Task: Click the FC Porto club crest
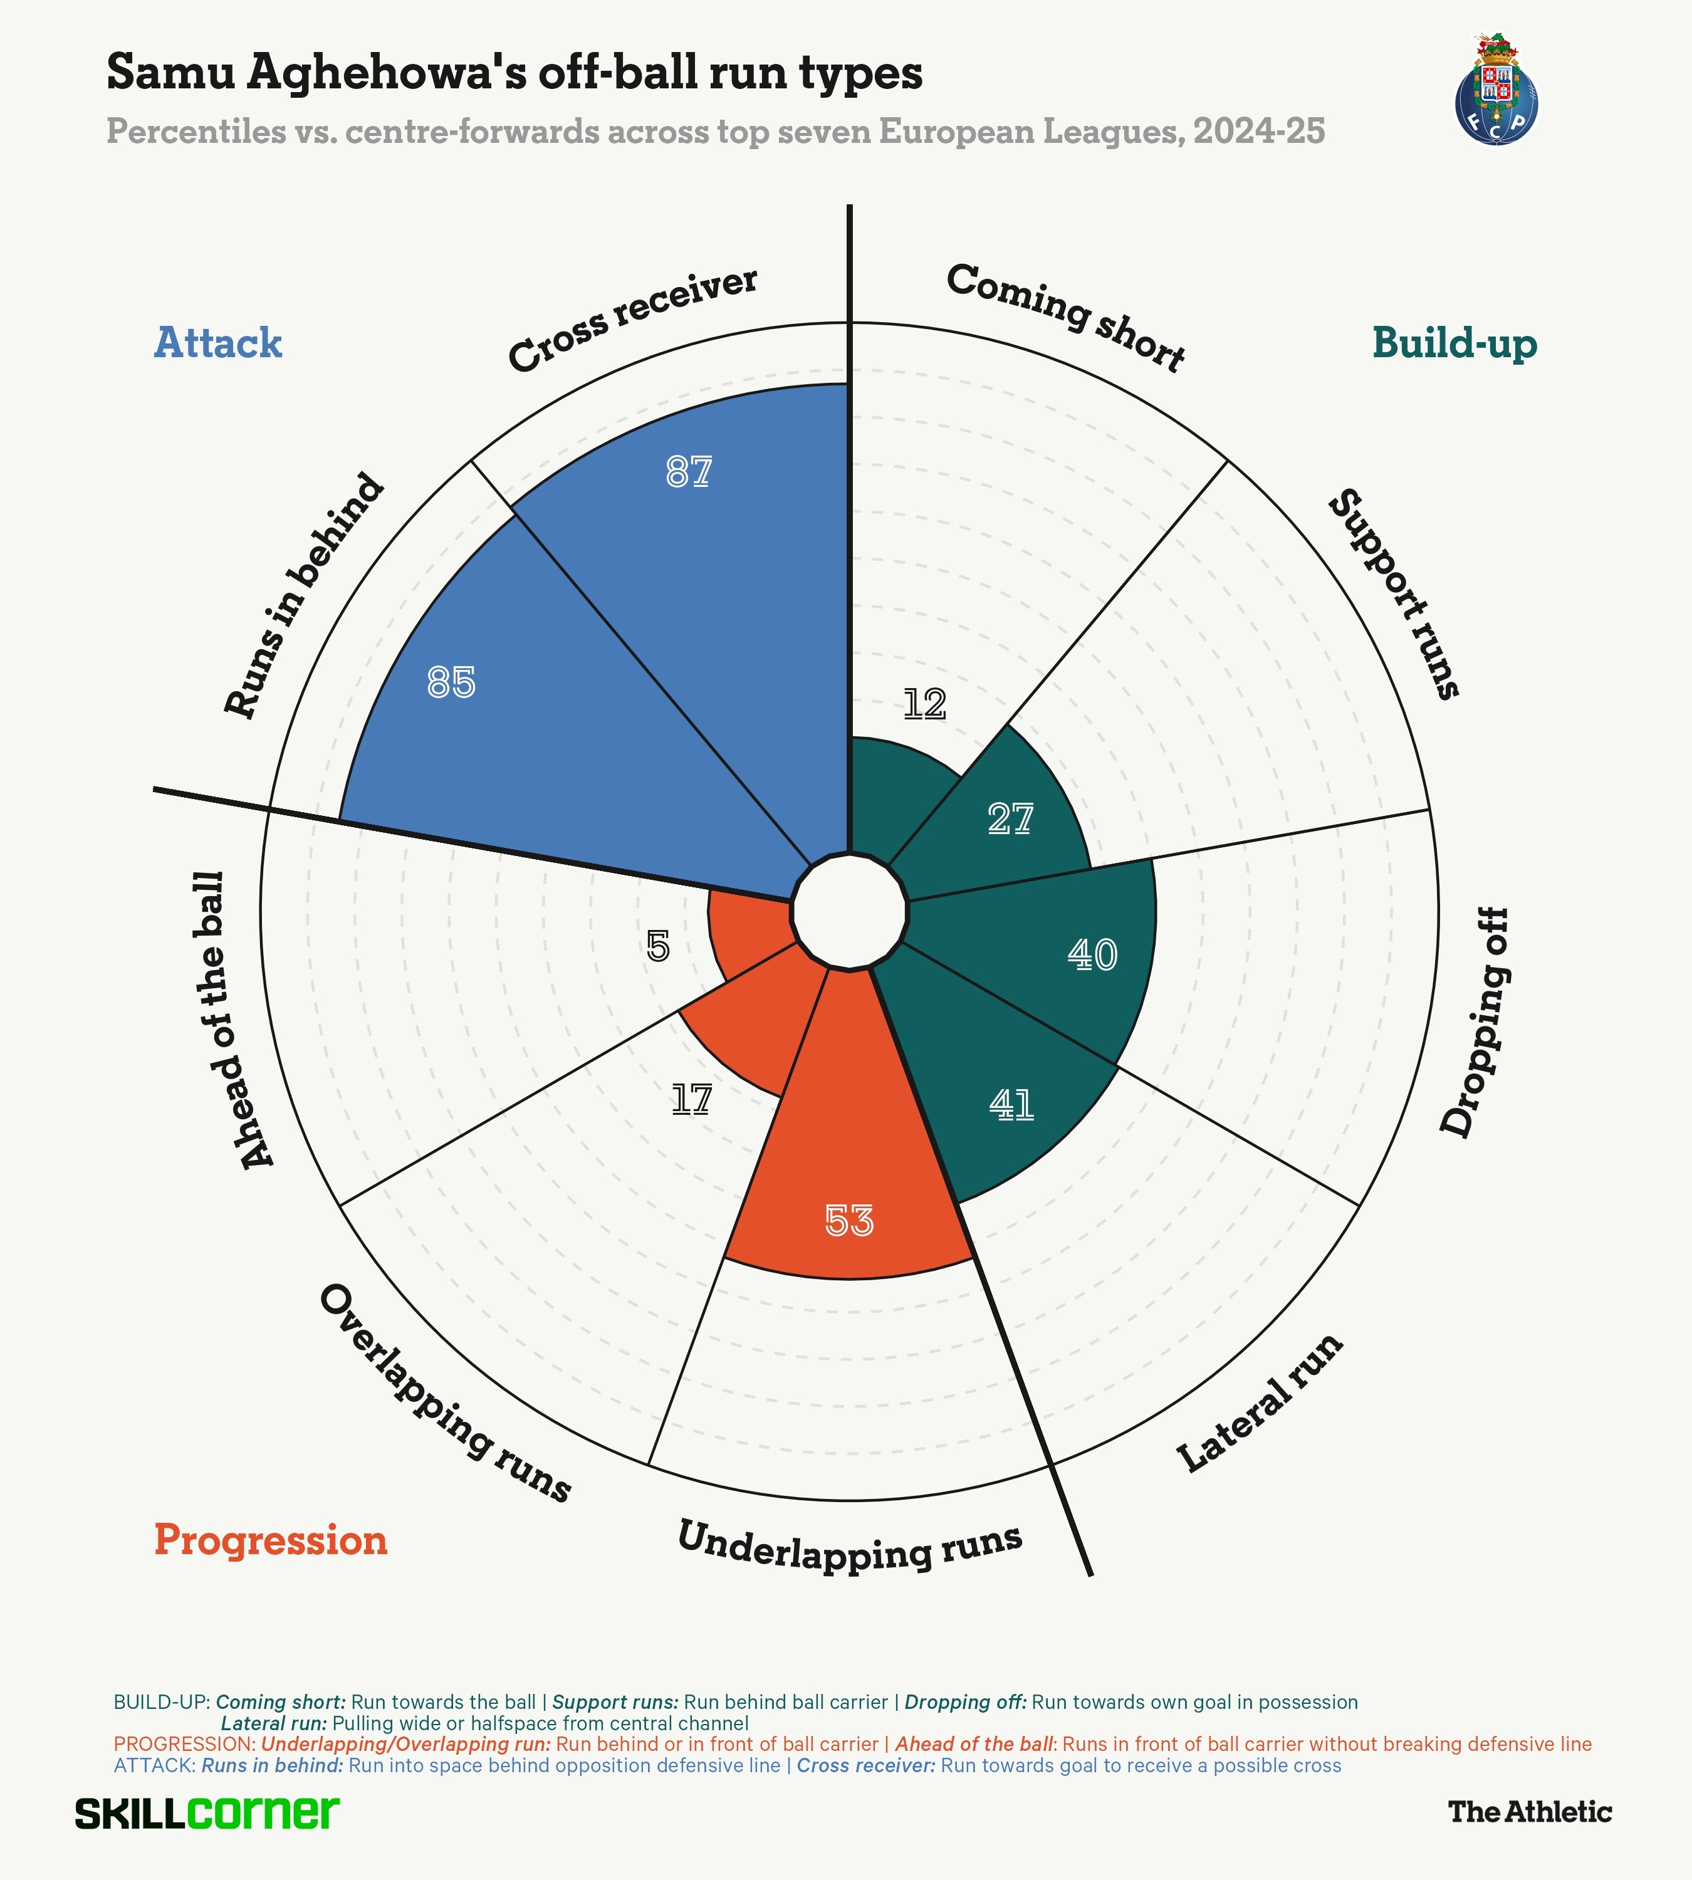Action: click(1496, 93)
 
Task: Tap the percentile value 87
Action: click(689, 473)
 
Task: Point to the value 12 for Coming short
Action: click(925, 705)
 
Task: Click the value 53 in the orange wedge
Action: click(849, 1221)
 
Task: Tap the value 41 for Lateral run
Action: click(1011, 1105)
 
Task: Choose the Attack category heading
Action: click(217, 343)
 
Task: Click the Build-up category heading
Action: click(1454, 343)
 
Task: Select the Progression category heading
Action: click(271, 1540)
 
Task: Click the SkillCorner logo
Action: click(207, 1813)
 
